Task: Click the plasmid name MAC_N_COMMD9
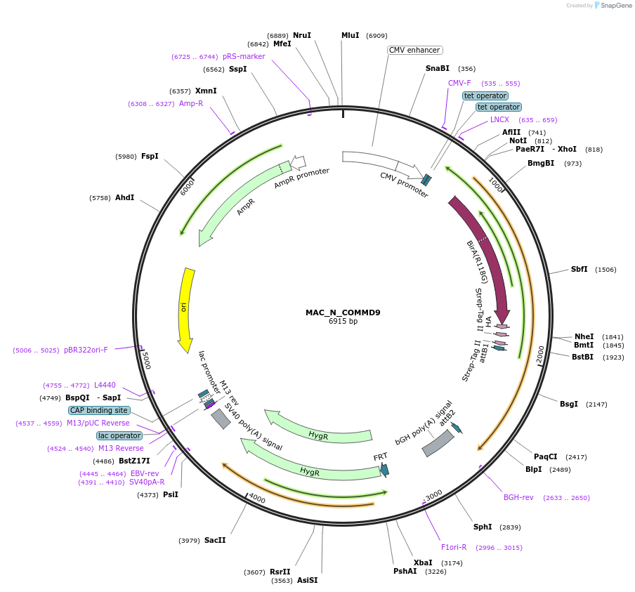343,313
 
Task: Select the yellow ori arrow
186,309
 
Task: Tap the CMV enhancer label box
414,50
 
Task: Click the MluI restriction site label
350,35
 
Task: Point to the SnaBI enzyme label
437,69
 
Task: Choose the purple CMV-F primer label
459,83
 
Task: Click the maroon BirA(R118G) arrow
485,253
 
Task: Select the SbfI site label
579,269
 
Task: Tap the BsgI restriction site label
569,404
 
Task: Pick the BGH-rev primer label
518,497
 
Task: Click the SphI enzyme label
483,527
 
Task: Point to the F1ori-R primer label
454,547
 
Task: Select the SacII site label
215,540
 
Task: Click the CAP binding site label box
99,410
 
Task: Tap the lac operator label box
119,435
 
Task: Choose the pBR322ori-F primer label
86,350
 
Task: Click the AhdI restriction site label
124,198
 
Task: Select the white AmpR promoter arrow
298,163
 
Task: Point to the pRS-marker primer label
244,56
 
